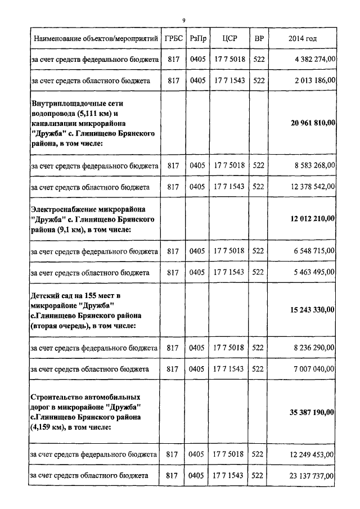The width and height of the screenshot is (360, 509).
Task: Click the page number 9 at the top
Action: click(x=184, y=21)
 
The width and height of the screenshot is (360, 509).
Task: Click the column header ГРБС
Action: click(x=173, y=39)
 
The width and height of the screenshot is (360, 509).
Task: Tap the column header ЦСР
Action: click(x=229, y=39)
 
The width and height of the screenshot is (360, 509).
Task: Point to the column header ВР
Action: click(x=259, y=39)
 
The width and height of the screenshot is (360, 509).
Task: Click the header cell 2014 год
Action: click(x=302, y=39)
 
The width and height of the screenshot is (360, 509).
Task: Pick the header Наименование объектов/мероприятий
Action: click(x=94, y=39)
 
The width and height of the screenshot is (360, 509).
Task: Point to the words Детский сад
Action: click(x=51, y=295)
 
